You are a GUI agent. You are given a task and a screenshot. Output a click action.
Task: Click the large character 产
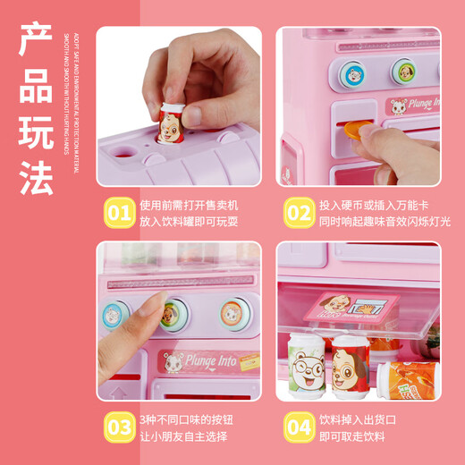click(x=38, y=43)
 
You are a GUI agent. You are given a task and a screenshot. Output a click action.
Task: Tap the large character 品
click(x=38, y=87)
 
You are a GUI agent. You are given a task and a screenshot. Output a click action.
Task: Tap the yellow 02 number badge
click(x=298, y=213)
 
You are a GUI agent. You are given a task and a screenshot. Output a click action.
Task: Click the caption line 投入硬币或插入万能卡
click(x=373, y=205)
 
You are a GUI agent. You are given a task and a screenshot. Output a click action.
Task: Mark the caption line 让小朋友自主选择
click(x=182, y=436)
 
